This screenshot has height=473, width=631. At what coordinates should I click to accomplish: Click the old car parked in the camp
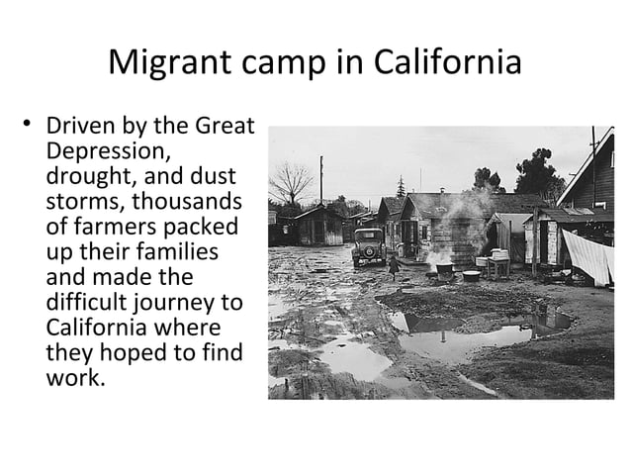tap(368, 246)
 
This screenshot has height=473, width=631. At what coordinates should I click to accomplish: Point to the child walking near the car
tap(395, 264)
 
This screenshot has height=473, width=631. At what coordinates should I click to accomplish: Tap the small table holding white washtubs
tap(499, 261)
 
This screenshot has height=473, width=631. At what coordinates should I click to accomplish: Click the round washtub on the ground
tap(471, 276)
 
